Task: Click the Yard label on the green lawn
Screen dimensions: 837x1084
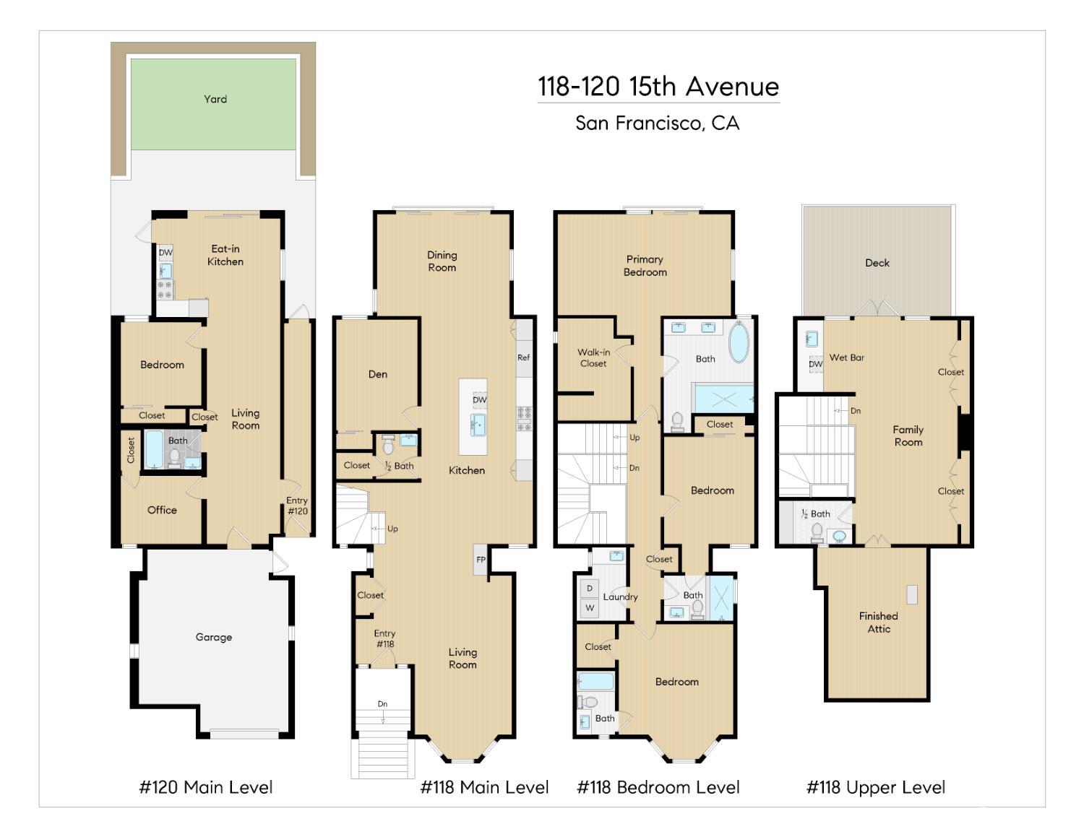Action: (x=215, y=99)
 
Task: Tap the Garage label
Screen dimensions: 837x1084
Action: (x=213, y=637)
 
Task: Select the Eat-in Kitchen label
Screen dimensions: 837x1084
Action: (x=225, y=255)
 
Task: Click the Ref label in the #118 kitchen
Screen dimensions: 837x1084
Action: (x=523, y=357)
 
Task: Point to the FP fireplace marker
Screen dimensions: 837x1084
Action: (x=481, y=560)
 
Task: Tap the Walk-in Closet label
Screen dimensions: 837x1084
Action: (x=593, y=357)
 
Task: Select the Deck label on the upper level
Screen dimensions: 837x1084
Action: (x=877, y=263)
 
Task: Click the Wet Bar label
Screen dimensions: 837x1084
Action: (x=846, y=357)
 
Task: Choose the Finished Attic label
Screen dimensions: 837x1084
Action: (x=878, y=622)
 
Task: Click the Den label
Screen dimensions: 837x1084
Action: (x=377, y=374)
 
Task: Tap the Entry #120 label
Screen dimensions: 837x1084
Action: (x=297, y=506)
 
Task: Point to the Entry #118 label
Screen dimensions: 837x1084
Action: (x=384, y=638)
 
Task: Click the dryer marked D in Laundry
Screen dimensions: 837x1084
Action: (x=590, y=589)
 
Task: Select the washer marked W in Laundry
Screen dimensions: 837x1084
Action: (x=590, y=608)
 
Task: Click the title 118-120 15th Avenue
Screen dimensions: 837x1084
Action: (x=658, y=87)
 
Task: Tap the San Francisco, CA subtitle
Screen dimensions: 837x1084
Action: (x=657, y=123)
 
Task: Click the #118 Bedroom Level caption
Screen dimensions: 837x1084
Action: (x=658, y=787)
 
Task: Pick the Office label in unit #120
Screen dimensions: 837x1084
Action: (x=162, y=510)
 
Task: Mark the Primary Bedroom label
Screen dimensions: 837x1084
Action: (x=645, y=265)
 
